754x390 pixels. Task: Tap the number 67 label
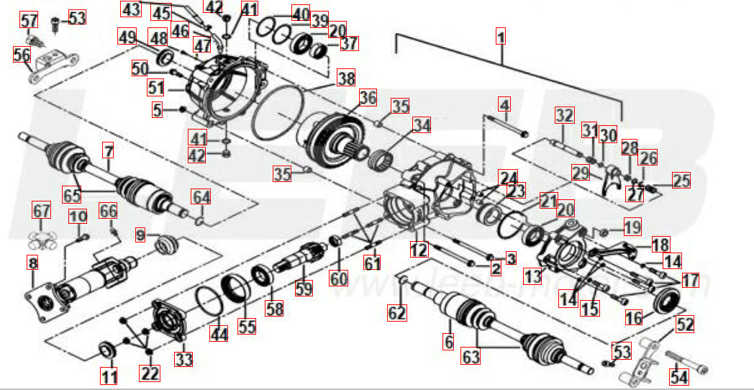(x=42, y=211)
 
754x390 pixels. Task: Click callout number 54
(x=678, y=376)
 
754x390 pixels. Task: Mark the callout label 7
(x=109, y=151)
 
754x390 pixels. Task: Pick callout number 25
(x=681, y=181)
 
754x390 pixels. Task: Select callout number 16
(x=634, y=317)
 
